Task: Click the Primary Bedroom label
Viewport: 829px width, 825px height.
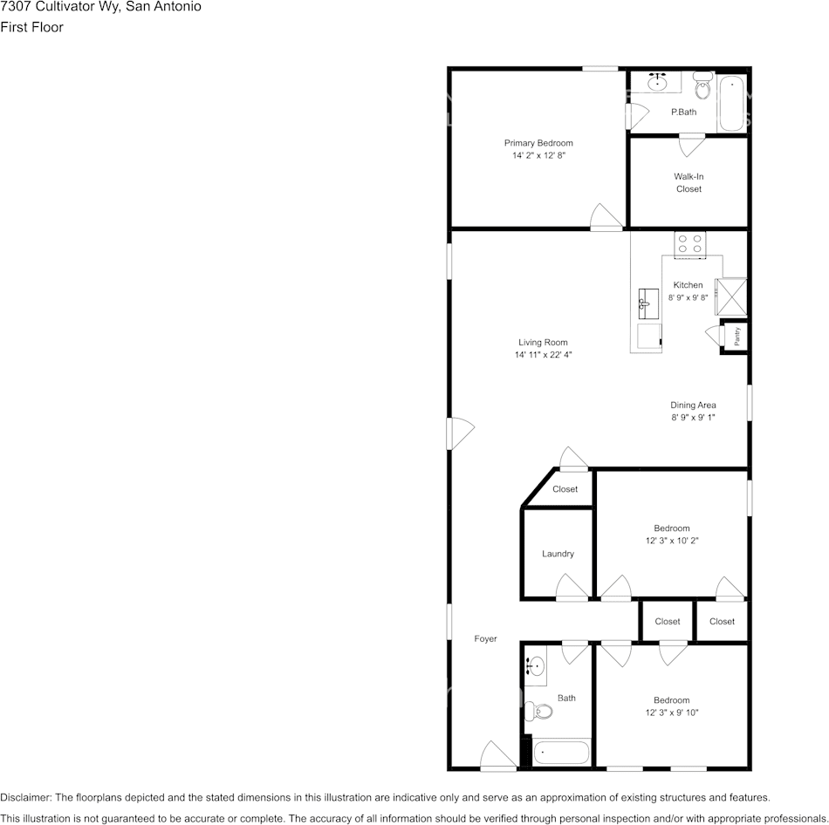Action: tap(538, 143)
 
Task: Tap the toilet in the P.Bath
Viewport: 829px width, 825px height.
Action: tap(702, 87)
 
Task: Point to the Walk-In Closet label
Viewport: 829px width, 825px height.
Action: tap(689, 182)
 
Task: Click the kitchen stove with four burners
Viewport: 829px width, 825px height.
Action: tap(689, 243)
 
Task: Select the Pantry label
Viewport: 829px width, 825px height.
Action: tap(737, 336)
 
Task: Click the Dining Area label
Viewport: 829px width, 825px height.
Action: tap(693, 405)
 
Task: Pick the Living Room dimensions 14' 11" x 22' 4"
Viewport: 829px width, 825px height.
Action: tap(543, 355)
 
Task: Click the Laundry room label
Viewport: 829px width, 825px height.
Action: tap(558, 554)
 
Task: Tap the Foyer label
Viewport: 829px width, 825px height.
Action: tap(485, 638)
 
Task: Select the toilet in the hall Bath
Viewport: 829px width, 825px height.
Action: tap(543, 712)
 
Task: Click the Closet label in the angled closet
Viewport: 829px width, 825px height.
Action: tap(565, 489)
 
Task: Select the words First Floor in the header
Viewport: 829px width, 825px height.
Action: tap(31, 27)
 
